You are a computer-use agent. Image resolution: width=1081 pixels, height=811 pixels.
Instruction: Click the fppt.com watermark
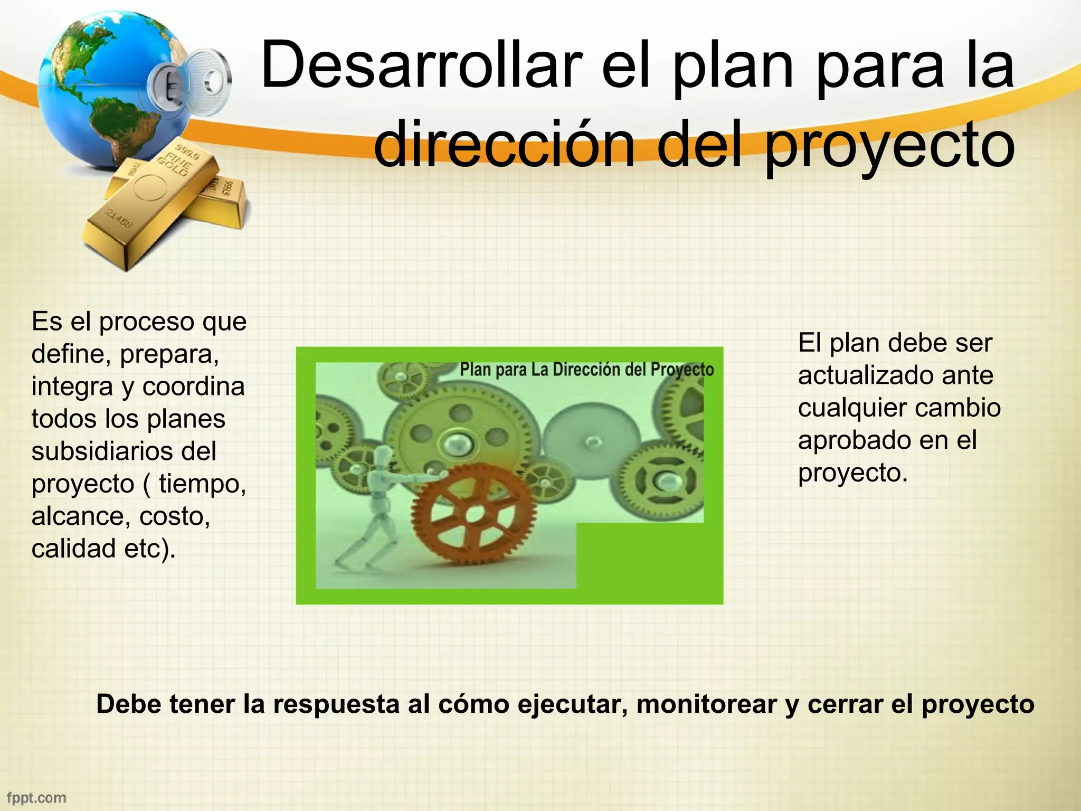coord(36,797)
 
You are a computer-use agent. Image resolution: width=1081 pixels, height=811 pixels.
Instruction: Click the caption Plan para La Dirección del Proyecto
coord(586,370)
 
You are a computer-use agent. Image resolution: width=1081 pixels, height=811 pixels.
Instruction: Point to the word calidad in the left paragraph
coord(73,549)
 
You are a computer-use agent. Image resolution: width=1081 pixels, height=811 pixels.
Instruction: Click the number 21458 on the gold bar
coord(118,218)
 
